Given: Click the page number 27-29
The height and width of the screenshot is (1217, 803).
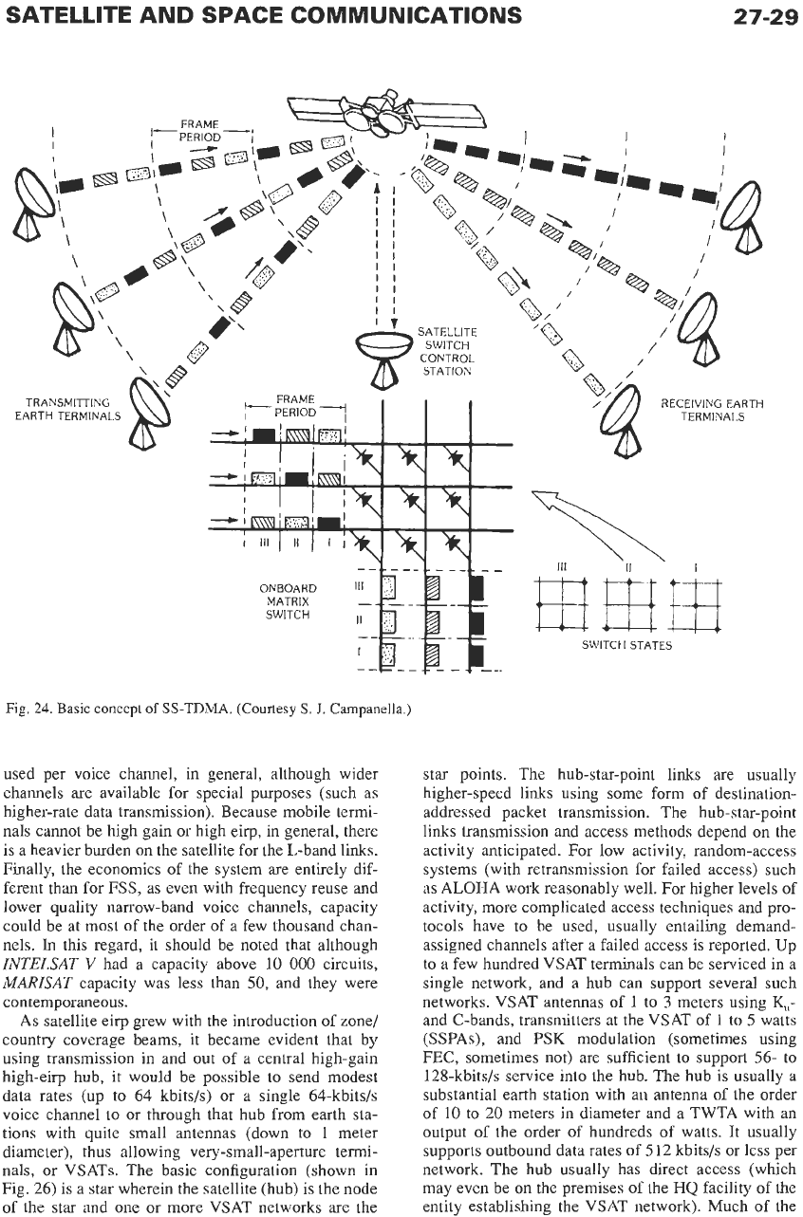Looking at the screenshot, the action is (x=765, y=16).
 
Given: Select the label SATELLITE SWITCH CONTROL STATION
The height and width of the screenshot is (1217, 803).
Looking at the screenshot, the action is (x=447, y=352).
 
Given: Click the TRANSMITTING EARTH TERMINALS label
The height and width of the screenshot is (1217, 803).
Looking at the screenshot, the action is (x=68, y=409).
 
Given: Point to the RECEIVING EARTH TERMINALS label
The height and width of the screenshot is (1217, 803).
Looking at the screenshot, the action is (x=712, y=410).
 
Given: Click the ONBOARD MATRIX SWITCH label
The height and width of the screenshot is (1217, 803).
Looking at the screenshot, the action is (x=288, y=601).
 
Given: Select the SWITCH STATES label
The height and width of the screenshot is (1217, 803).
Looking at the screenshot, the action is (x=626, y=645).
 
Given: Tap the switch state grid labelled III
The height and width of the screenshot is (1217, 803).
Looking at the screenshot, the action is (x=562, y=604).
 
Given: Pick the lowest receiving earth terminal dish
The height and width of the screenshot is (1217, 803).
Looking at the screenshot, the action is (x=626, y=420).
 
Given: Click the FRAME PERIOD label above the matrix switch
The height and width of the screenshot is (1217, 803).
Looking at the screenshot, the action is (x=295, y=406).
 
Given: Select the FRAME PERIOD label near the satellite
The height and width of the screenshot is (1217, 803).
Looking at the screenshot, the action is (x=200, y=131).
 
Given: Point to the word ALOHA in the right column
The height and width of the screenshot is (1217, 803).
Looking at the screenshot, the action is (x=468, y=888).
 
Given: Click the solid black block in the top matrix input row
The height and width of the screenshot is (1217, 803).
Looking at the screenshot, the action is (x=264, y=435).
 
